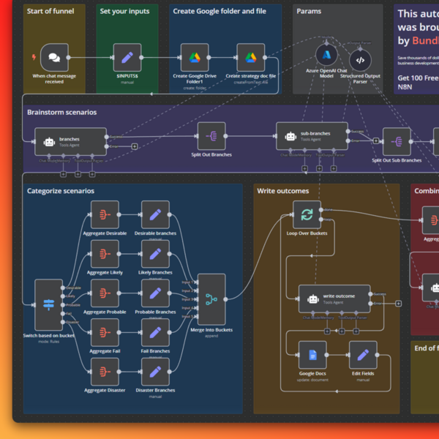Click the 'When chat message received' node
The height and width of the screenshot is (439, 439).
click(54, 57)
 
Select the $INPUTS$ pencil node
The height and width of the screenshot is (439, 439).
click(127, 57)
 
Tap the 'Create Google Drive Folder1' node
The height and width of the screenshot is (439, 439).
click(195, 57)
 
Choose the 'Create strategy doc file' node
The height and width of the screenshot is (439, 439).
click(251, 57)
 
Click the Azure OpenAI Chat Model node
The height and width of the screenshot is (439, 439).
click(326, 56)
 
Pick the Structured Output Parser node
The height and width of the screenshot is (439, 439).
click(360, 60)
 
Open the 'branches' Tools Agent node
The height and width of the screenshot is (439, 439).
click(70, 141)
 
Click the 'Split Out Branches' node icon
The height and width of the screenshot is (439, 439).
click(211, 136)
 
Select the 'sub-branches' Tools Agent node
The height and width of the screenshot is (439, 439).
click(315, 136)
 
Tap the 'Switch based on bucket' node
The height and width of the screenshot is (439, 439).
click(49, 304)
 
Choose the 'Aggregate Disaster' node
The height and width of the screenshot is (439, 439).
click(105, 371)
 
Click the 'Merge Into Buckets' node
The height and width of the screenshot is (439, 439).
click(211, 299)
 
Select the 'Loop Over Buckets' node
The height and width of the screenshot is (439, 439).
click(307, 215)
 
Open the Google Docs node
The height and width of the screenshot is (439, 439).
click(312, 355)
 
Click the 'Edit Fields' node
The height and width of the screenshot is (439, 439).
click(363, 355)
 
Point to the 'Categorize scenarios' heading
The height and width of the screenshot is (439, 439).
click(61, 191)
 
